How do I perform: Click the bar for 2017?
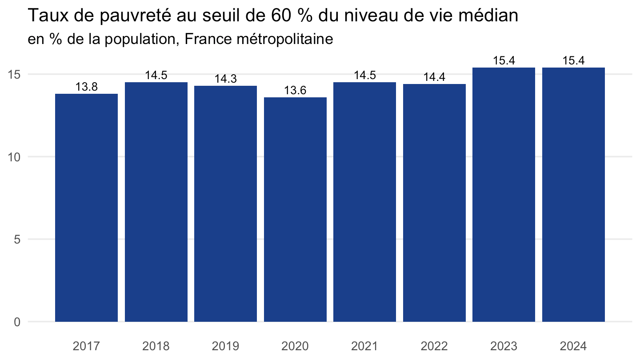[x=86, y=208]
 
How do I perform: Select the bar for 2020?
[x=295, y=209]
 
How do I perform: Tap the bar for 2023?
[x=504, y=195]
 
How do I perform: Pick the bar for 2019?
[x=225, y=204]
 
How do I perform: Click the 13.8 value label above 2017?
[x=87, y=87]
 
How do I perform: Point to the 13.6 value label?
[x=295, y=91]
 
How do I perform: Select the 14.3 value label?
[x=226, y=79]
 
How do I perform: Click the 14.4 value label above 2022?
[x=434, y=77]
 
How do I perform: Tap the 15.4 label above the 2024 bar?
[x=574, y=61]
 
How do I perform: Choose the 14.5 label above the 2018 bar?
[x=156, y=76]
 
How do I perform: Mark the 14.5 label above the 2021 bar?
[x=365, y=76]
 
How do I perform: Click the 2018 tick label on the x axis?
[x=156, y=346]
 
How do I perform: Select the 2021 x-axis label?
[x=364, y=346]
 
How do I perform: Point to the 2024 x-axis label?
[x=573, y=346]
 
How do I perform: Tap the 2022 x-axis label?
[x=434, y=346]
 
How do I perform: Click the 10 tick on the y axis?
[x=14, y=157]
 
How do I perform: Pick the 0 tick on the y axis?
[x=17, y=322]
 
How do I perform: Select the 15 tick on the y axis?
[x=14, y=75]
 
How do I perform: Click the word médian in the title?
[x=488, y=15]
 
